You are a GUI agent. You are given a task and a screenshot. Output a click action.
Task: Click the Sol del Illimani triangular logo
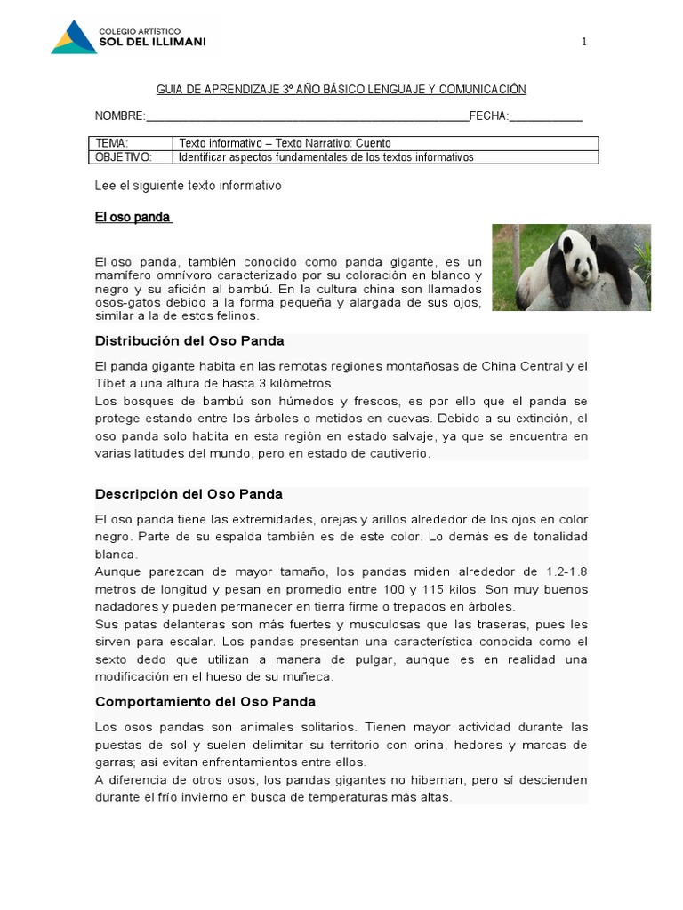[74, 36]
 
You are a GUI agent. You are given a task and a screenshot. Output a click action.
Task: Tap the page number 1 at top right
[584, 41]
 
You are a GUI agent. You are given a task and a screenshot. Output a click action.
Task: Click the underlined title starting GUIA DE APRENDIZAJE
[341, 90]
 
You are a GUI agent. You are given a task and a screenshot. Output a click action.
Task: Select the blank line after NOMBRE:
[307, 116]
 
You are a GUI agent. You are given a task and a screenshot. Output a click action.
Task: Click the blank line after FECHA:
[546, 116]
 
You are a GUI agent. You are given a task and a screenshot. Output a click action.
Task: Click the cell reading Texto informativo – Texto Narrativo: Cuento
[285, 143]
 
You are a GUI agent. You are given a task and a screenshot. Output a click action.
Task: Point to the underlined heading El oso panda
[133, 217]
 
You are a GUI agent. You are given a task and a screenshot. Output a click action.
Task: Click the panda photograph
[571, 267]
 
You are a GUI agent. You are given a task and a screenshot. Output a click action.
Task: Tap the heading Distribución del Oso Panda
[189, 341]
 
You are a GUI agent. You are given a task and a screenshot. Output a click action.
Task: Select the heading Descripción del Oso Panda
[189, 494]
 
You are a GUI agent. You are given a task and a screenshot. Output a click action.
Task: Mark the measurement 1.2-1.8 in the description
[558, 571]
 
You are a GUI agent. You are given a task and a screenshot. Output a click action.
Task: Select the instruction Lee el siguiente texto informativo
[188, 186]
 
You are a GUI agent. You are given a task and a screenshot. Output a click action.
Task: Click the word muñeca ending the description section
[309, 676]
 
